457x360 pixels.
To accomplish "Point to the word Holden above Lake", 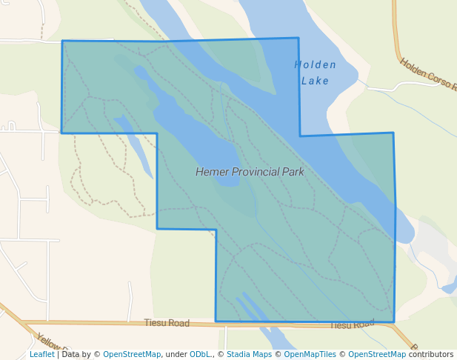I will point(315,64).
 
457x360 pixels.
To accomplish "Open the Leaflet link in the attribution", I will point(42,354).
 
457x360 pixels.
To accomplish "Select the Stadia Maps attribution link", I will point(249,354).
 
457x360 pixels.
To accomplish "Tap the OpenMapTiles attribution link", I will point(309,354).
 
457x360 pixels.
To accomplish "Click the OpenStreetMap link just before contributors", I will point(377,354).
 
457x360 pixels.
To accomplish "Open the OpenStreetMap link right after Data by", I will point(132,354).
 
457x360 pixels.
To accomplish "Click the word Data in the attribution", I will point(71,354).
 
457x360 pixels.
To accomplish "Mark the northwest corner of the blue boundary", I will point(62,41).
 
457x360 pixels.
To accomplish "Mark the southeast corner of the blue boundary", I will point(393,322).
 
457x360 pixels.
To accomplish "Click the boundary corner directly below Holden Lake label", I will point(300,136).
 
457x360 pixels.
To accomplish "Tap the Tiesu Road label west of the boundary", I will point(167,323).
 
